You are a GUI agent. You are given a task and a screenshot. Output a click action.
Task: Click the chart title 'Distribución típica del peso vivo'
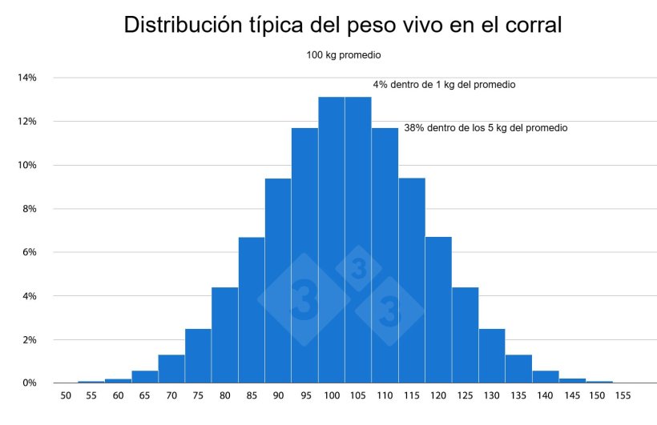click(x=343, y=25)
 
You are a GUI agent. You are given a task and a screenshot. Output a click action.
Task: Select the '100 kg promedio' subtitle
click(x=343, y=56)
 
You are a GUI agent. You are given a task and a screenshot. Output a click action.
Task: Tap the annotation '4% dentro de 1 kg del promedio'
click(x=443, y=84)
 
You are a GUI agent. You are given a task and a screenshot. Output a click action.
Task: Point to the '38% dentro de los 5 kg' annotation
click(x=486, y=128)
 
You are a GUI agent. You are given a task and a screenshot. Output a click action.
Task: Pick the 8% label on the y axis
click(x=30, y=209)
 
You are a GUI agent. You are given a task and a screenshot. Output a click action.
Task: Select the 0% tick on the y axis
click(x=30, y=383)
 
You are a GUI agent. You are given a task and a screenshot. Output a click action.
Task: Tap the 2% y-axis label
click(x=30, y=340)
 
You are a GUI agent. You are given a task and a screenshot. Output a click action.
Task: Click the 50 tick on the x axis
click(x=64, y=396)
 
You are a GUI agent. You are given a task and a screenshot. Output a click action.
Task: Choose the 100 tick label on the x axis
click(x=331, y=396)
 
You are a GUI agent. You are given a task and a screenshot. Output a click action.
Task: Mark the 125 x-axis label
click(x=465, y=396)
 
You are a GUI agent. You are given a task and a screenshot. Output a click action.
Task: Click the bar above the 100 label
click(x=331, y=240)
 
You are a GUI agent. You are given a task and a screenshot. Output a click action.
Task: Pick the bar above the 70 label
click(x=171, y=369)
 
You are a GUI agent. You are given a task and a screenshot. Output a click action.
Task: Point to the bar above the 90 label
click(x=278, y=281)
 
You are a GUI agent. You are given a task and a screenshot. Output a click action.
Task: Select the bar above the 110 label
click(x=385, y=256)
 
